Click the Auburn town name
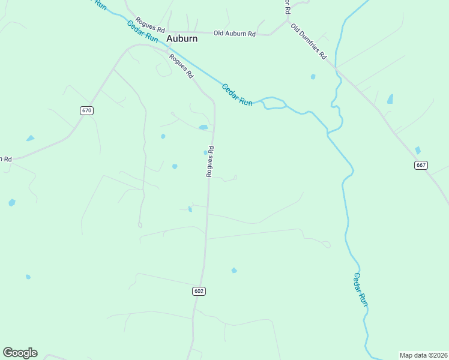(x=181, y=38)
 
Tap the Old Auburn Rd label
(x=235, y=34)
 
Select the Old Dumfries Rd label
(x=308, y=41)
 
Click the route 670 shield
(x=87, y=110)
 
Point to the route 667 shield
(x=421, y=165)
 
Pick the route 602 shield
(x=199, y=291)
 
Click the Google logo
(x=20, y=353)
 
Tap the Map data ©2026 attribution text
(x=423, y=355)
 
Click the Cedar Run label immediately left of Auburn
(x=143, y=31)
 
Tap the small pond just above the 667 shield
(x=418, y=150)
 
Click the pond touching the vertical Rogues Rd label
(x=206, y=152)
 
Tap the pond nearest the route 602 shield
(x=234, y=271)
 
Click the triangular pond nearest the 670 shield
(x=30, y=139)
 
